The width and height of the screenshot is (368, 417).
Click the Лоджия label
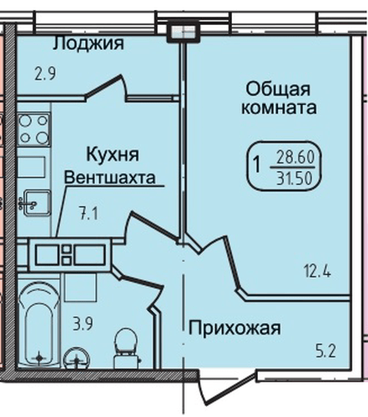point(88,43)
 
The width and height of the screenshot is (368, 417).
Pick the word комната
point(278,108)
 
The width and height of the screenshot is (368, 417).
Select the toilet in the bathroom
point(125,344)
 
